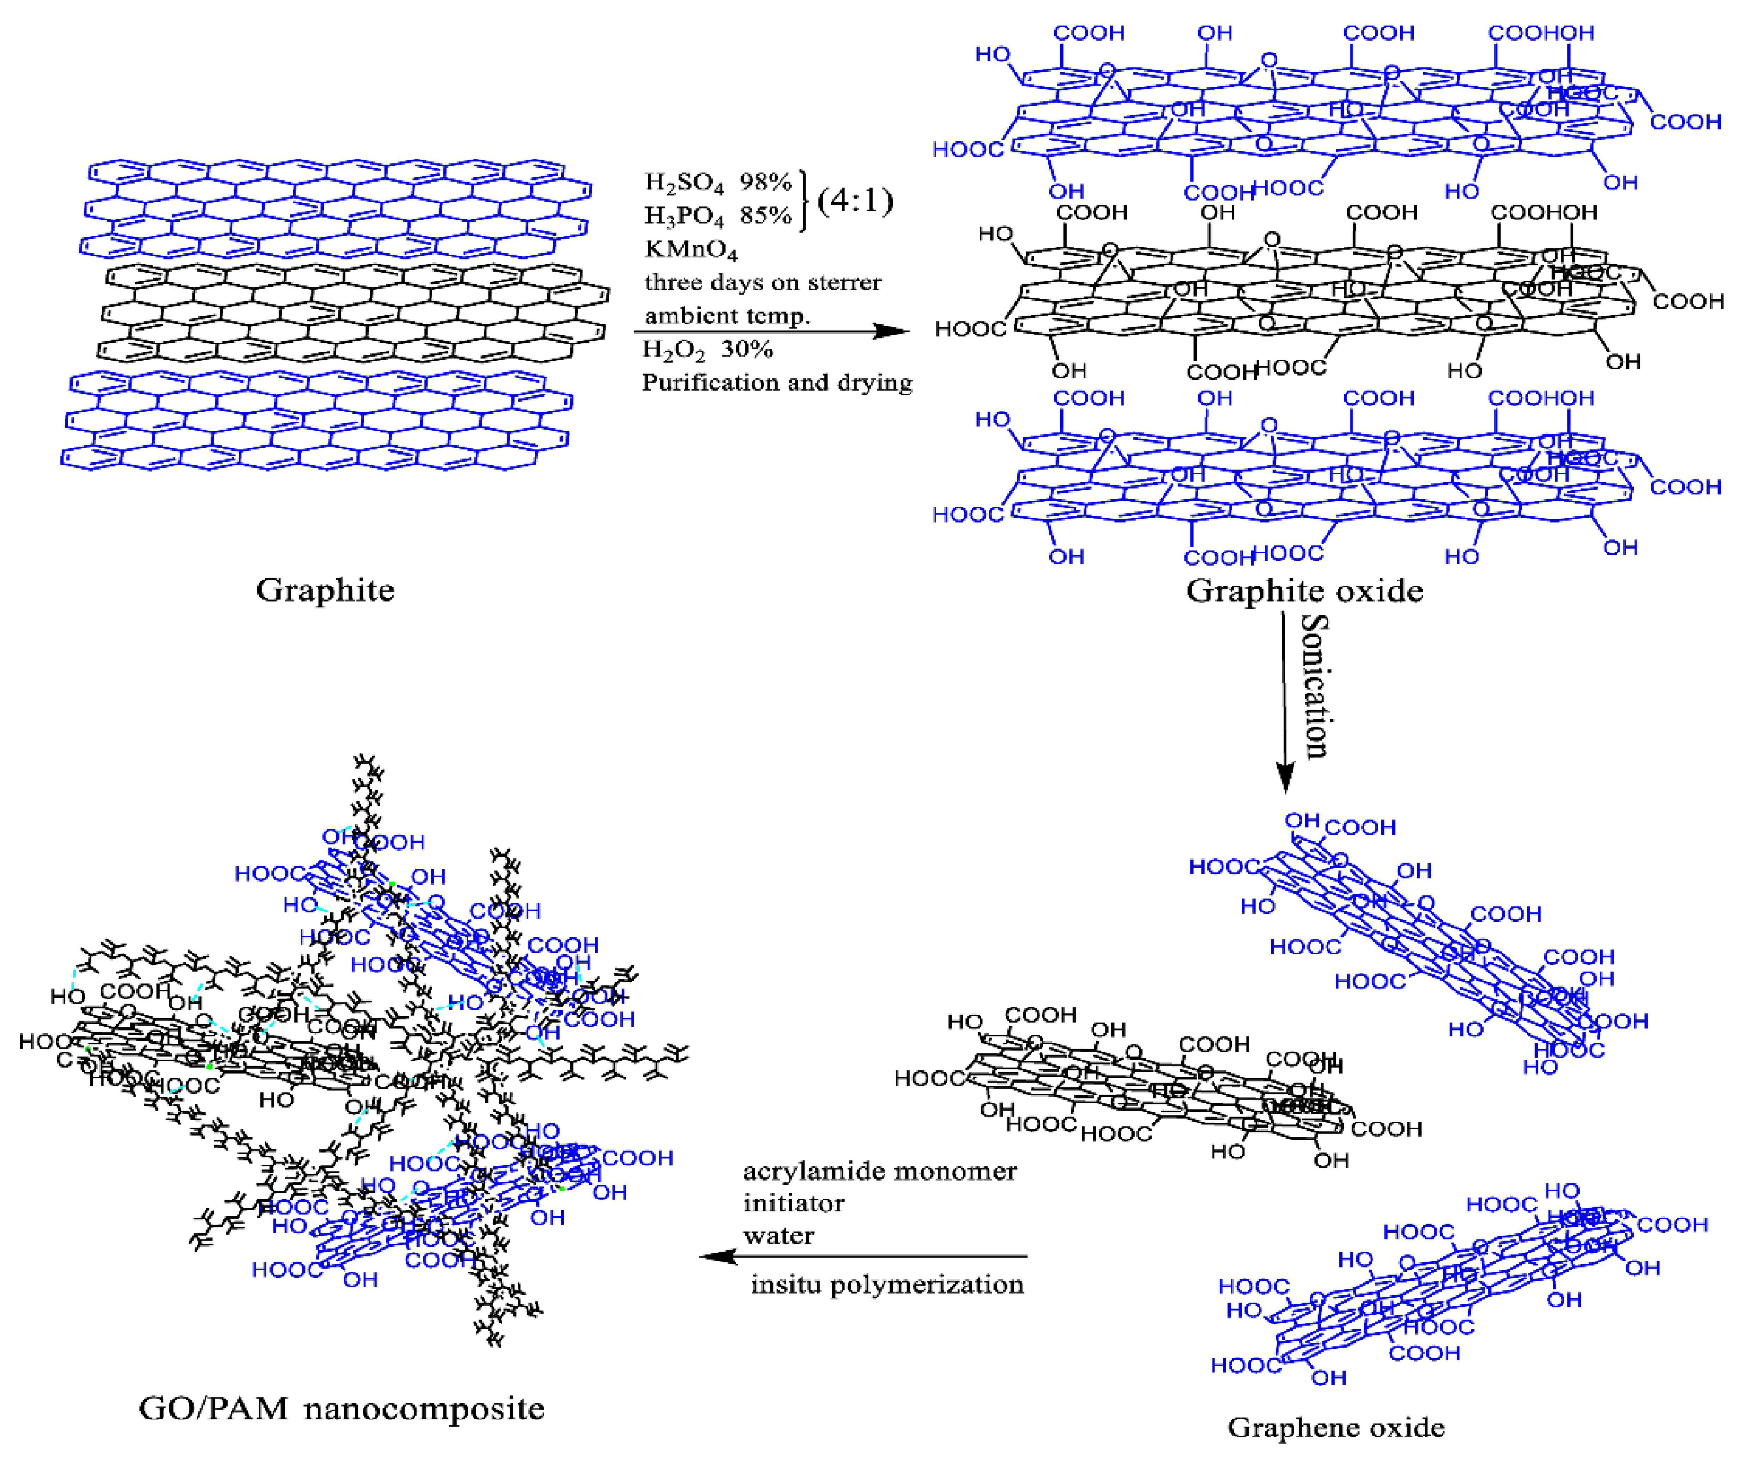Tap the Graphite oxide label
pyautogui.click(x=1304, y=590)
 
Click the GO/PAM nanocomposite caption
pyautogui.click(x=341, y=1408)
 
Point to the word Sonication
pyautogui.click(x=1314, y=686)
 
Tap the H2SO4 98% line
pyautogui.click(x=718, y=182)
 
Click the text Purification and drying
pyautogui.click(x=777, y=382)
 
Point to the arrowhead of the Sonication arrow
pyautogui.click(x=1284, y=779)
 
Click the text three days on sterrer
pyautogui.click(x=763, y=283)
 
